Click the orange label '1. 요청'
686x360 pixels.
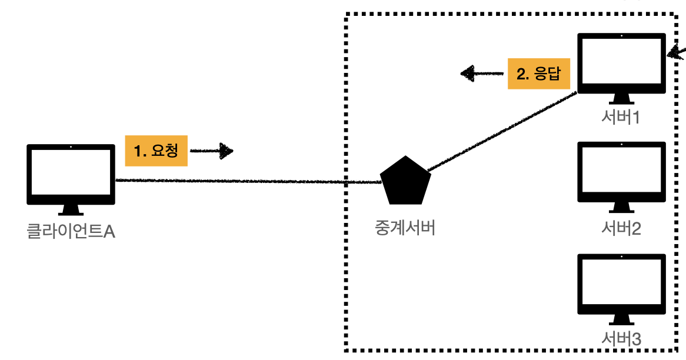[156, 151]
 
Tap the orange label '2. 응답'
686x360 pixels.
[539, 74]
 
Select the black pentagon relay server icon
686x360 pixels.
[405, 179]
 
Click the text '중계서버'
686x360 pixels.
[405, 228]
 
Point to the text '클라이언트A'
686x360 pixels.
[71, 231]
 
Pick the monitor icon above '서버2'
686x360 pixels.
[621, 171]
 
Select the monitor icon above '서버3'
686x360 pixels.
[621, 284]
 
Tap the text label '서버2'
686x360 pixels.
[621, 228]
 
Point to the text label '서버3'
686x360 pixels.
[621, 339]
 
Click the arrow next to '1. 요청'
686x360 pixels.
[212, 151]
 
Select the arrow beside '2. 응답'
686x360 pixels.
[482, 74]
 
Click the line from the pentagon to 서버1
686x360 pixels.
[500, 132]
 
